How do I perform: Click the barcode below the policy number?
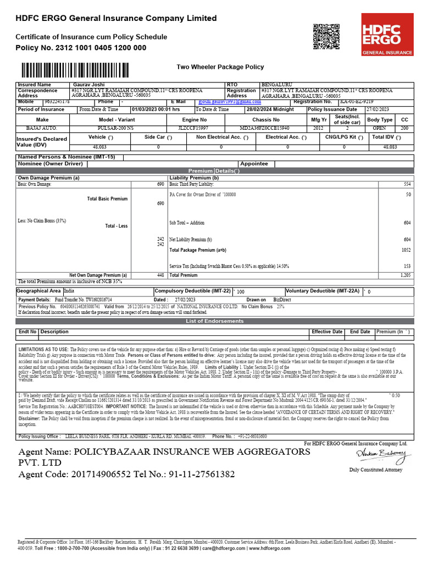coord(90,70)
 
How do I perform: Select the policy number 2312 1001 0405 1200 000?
coord(97,48)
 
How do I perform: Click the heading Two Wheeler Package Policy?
coord(220,67)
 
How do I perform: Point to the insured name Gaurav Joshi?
coord(87,85)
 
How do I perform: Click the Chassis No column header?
coord(266,119)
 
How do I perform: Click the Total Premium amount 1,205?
coord(405,275)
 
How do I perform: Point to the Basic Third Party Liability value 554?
coord(407,184)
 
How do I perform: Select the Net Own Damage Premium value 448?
coord(160,275)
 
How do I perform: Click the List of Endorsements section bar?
coord(214,321)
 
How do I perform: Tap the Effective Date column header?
coord(327,332)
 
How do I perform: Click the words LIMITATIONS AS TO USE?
coord(43,349)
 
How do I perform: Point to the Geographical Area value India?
coord(69,290)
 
